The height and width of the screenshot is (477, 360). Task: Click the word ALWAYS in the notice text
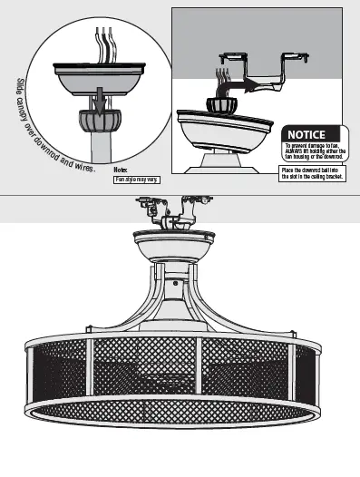pos(296,151)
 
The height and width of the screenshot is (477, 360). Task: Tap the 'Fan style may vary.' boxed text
pos(136,180)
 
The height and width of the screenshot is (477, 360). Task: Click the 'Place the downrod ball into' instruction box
pos(311,173)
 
